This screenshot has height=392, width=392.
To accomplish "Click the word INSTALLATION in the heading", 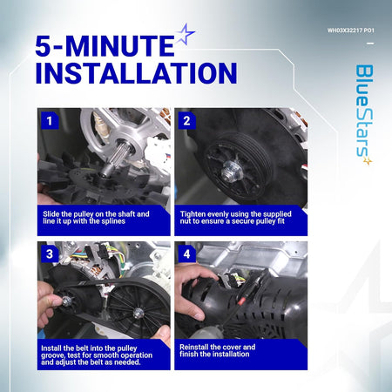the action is pyautogui.click(x=136, y=73).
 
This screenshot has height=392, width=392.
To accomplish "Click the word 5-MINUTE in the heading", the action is pyautogui.click(x=105, y=45).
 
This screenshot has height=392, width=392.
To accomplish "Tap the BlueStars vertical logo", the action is pyautogui.click(x=365, y=114).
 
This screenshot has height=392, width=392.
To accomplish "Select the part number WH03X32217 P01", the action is pyautogui.click(x=351, y=30).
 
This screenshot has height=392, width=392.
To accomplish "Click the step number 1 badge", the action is pyautogui.click(x=50, y=120).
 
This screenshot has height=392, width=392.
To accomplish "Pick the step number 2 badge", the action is pyautogui.click(x=186, y=120).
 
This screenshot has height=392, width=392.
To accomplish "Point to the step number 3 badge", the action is pyautogui.click(x=50, y=253).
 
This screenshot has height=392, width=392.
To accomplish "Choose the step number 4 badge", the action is pyautogui.click(x=186, y=253).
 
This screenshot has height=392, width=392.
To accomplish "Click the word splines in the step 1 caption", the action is pyautogui.click(x=113, y=221).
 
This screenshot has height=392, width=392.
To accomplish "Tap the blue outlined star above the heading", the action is pyautogui.click(x=185, y=34).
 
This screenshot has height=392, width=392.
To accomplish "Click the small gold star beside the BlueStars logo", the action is pyautogui.click(x=368, y=160).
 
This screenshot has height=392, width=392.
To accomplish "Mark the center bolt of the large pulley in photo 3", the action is pyautogui.click(x=139, y=313).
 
